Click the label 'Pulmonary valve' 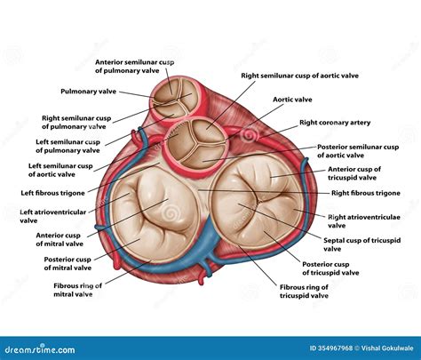[x=87, y=92]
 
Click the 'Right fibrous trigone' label [x=365, y=192]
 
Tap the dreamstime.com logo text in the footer [x=36, y=349]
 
